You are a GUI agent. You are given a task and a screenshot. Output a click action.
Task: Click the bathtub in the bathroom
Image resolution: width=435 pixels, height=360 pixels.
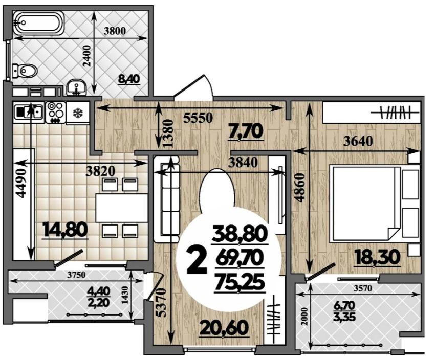pyautogui.click(x=38, y=23)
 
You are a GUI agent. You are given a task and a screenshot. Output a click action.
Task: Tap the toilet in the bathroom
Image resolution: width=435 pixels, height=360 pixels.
pyautogui.click(x=25, y=71)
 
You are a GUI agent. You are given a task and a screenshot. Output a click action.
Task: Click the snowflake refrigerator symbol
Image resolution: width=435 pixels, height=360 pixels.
pyautogui.click(x=78, y=112)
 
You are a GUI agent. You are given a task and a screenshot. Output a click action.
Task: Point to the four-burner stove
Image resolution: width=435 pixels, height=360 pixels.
pyautogui.click(x=56, y=112)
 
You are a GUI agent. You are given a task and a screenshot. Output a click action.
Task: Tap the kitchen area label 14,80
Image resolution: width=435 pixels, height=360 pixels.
pyautogui.click(x=66, y=230)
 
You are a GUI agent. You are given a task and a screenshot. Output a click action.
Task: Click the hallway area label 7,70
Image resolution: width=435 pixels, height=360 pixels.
pyautogui.click(x=245, y=131)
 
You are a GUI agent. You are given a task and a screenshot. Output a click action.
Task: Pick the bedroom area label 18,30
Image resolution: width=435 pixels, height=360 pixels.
pyautogui.click(x=377, y=257)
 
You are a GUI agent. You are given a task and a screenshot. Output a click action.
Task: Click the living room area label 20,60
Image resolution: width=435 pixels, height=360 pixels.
pyautogui.click(x=224, y=328)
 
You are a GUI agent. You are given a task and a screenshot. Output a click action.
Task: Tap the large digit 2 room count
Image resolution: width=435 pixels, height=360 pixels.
pyautogui.click(x=197, y=261)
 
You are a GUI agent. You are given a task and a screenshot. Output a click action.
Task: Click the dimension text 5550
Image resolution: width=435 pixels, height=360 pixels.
pyautogui.click(x=199, y=118)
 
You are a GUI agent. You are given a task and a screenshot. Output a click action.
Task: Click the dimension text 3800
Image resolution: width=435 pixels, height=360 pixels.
pyautogui.click(x=115, y=31)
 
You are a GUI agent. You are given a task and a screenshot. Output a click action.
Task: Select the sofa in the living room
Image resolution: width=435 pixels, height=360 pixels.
pyautogui.click(x=166, y=199)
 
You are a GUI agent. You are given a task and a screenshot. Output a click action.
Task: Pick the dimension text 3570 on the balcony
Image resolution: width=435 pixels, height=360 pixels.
pyautogui.click(x=362, y=288)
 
